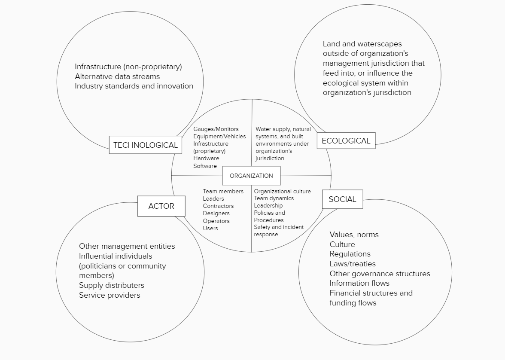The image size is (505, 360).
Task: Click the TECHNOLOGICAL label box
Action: [x=145, y=145]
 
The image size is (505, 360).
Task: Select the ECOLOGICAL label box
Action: [x=346, y=141]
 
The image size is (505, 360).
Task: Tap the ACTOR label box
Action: [x=161, y=206]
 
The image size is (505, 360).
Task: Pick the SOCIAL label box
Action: [x=342, y=199]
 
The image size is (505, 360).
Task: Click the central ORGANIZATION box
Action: [x=251, y=176]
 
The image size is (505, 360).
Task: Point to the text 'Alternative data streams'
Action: [x=117, y=76]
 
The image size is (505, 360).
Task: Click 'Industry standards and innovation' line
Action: [x=134, y=86]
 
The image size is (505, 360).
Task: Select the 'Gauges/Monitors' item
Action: [x=216, y=129]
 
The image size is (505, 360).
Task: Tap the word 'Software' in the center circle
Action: [x=205, y=166]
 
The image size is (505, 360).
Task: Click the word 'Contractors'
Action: [x=218, y=206]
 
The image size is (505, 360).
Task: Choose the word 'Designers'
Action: [x=216, y=214]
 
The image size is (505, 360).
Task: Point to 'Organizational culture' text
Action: [x=282, y=192]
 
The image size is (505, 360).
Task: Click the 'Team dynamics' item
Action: [x=274, y=198]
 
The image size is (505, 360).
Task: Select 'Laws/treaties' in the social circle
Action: [x=352, y=264]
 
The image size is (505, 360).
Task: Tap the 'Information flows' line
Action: [x=359, y=283]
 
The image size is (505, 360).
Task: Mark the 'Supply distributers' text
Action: [x=112, y=285]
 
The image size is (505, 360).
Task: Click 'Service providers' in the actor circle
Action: [x=110, y=295]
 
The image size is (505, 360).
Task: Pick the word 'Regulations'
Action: [x=350, y=254]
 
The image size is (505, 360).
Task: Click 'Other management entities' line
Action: [x=127, y=246]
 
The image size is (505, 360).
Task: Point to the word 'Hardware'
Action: [x=206, y=159]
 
